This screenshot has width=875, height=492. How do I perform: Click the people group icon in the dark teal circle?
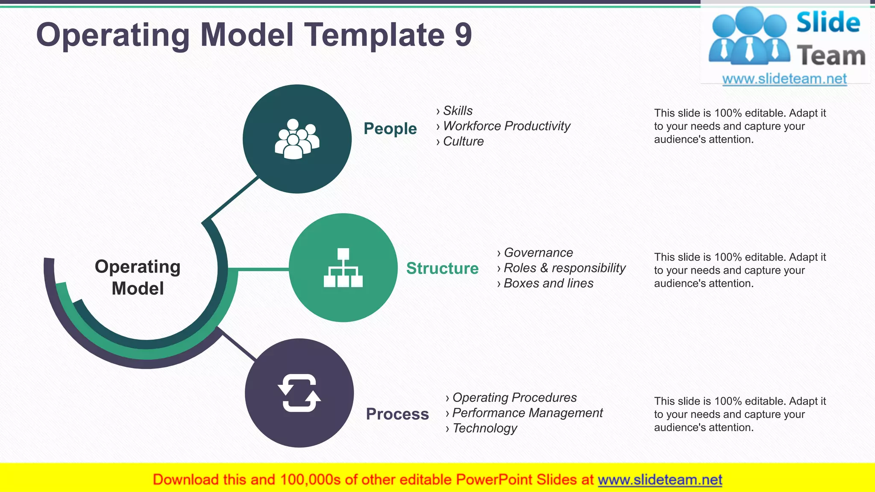pyautogui.click(x=297, y=139)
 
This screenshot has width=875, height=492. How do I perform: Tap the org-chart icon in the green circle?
pyautogui.click(x=343, y=268)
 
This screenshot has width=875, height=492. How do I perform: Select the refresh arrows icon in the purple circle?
pyautogui.click(x=299, y=393)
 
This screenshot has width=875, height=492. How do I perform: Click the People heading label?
pyautogui.click(x=390, y=129)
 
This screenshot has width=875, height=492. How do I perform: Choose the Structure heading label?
pyautogui.click(x=442, y=268)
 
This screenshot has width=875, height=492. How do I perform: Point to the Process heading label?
pyautogui.click(x=397, y=414)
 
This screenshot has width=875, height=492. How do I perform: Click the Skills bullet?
pyautogui.click(x=458, y=111)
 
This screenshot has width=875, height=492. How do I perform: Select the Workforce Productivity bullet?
pyautogui.click(x=506, y=126)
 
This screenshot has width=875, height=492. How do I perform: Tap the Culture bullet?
pyautogui.click(x=463, y=141)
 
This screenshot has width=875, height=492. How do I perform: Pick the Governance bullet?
pyautogui.click(x=538, y=252)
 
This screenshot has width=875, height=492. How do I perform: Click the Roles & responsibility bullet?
pyautogui.click(x=564, y=268)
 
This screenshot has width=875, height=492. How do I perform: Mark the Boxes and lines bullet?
pyautogui.click(x=548, y=283)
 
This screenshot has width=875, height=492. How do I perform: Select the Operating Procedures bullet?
pyautogui.click(x=514, y=398)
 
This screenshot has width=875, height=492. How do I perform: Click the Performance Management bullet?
pyautogui.click(x=527, y=413)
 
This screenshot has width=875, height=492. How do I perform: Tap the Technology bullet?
pyautogui.click(x=484, y=428)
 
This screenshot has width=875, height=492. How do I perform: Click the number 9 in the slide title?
pyautogui.click(x=463, y=35)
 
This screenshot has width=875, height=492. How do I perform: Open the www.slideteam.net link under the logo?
pyautogui.click(x=784, y=79)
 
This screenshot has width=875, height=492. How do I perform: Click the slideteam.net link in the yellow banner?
pyautogui.click(x=660, y=480)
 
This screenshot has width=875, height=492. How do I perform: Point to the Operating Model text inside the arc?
pyautogui.click(x=138, y=277)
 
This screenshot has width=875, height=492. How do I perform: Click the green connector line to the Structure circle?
pyautogui.click(x=258, y=269)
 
